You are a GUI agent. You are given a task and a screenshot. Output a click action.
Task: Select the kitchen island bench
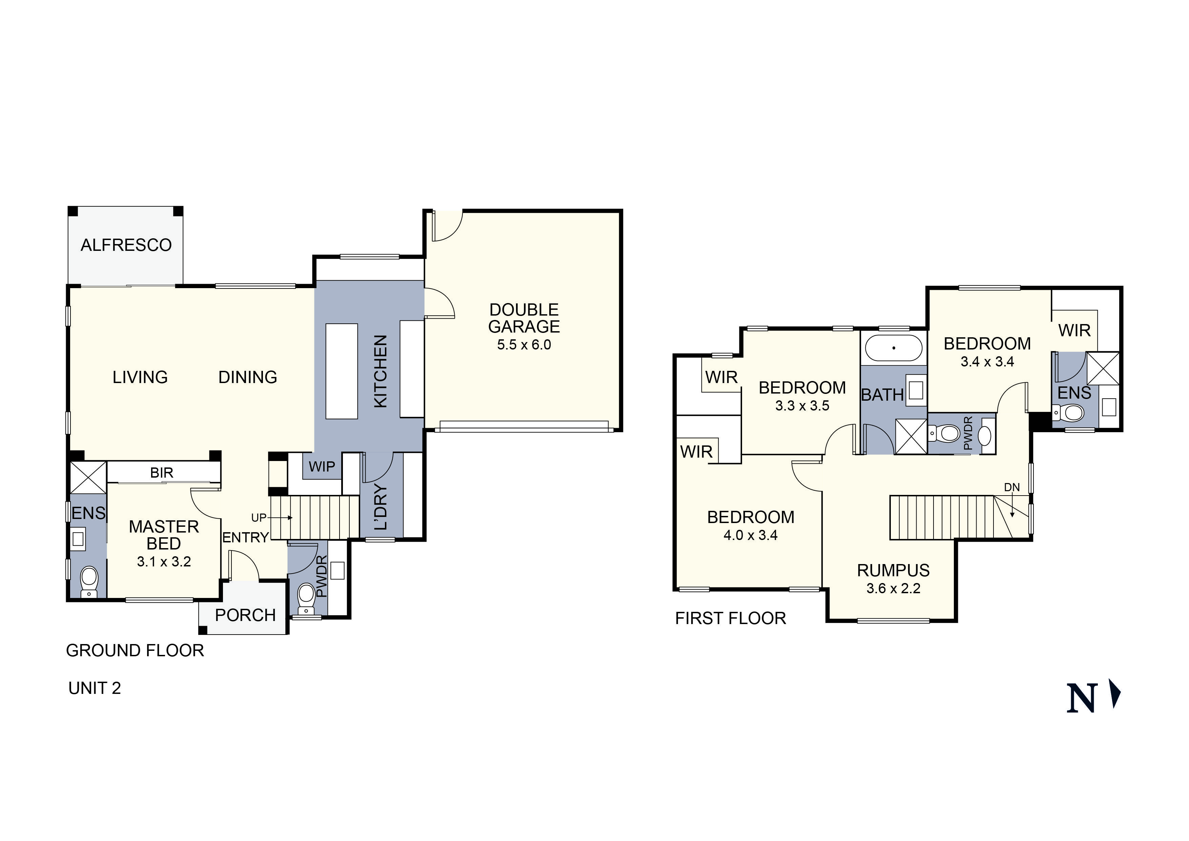click(x=341, y=371)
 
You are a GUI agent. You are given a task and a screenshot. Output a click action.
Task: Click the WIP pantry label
click(x=322, y=467)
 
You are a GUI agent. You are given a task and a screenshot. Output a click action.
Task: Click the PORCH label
click(x=245, y=616)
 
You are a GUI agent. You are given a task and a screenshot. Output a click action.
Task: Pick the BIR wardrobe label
click(x=162, y=473)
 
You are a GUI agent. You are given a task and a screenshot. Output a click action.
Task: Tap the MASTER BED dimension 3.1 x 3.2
click(x=164, y=562)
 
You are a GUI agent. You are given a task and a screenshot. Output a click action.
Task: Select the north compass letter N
click(x=1082, y=698)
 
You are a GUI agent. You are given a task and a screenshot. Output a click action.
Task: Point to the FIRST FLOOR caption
click(x=730, y=618)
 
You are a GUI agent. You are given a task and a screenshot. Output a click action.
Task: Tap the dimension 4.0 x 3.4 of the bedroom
click(x=751, y=535)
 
